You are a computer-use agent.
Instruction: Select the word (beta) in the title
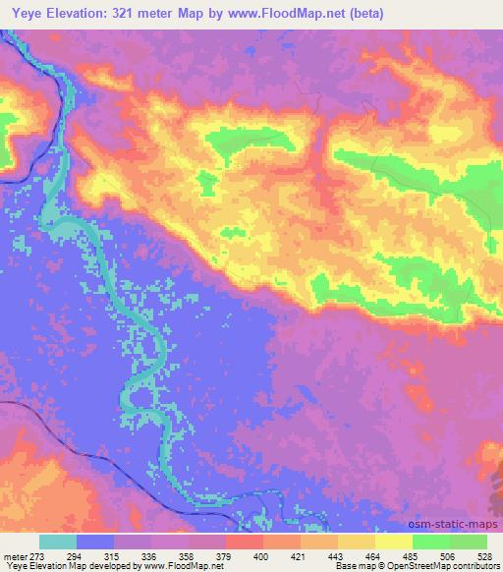pyautogui.click(x=363, y=14)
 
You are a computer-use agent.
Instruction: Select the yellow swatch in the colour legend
pyautogui.click(x=394, y=542)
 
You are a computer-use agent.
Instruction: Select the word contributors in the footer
pyautogui.click(x=476, y=566)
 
